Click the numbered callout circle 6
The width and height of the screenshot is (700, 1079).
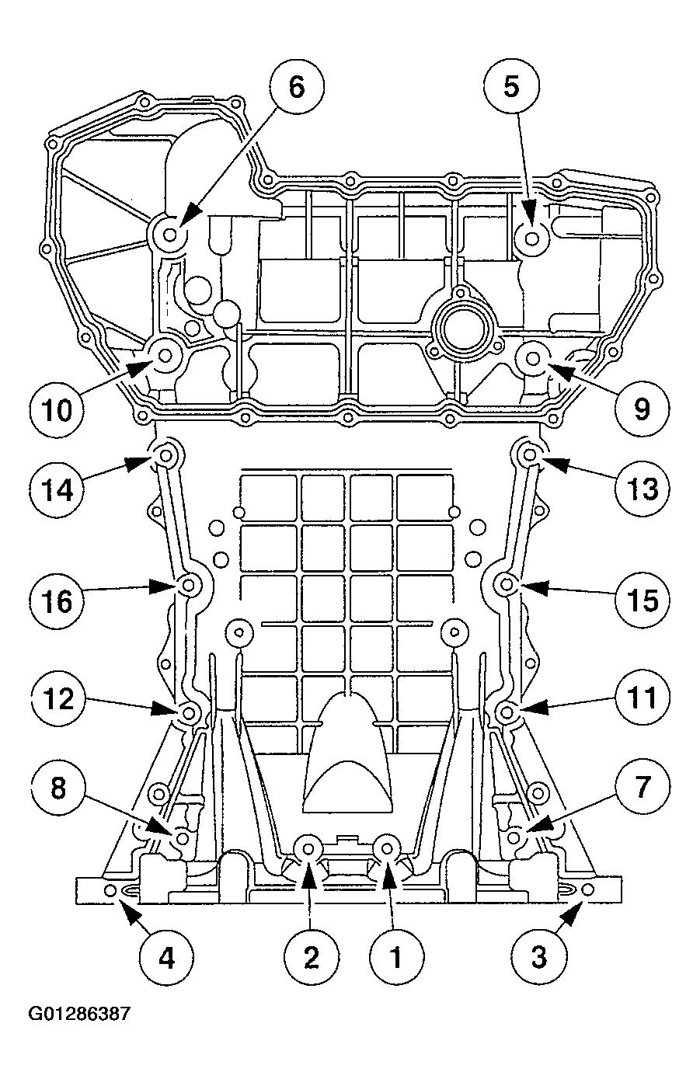pos(296,87)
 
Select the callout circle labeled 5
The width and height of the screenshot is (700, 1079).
pos(510,87)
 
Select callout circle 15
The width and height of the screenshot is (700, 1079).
pos(641,600)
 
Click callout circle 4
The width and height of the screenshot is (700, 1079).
pos(166,958)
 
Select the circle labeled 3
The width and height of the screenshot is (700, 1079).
pos(538,958)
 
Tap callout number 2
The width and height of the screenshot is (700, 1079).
pos(311,958)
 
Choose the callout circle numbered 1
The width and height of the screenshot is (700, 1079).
pos(395,958)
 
